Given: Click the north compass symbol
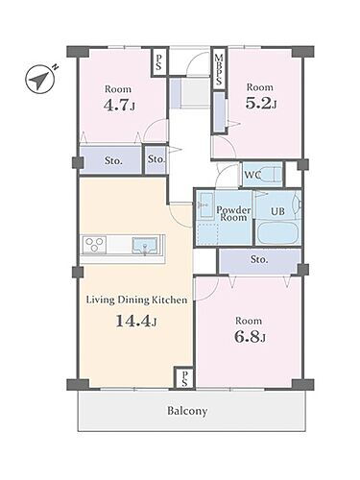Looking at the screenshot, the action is click(x=40, y=79).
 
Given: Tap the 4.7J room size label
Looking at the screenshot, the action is click(x=119, y=105).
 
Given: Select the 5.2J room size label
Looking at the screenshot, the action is click(x=261, y=103).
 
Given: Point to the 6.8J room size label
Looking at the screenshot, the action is click(x=250, y=337).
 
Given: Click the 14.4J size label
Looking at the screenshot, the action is click(x=135, y=321).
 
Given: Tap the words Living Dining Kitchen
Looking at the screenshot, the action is click(x=137, y=300).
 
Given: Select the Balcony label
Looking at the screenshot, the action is click(x=187, y=411).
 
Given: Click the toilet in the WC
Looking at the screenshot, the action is click(x=271, y=175).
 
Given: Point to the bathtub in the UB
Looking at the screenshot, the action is click(x=277, y=233).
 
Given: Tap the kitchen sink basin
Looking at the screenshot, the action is click(x=145, y=245).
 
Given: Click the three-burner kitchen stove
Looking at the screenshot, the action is click(x=94, y=245).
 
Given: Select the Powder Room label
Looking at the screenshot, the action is click(x=233, y=214).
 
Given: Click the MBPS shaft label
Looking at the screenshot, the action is click(x=219, y=70).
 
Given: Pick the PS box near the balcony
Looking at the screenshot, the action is click(x=184, y=378).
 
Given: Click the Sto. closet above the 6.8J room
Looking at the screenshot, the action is click(x=259, y=260).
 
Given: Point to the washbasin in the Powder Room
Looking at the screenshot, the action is click(x=204, y=205).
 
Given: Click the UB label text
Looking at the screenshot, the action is click(x=277, y=211).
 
